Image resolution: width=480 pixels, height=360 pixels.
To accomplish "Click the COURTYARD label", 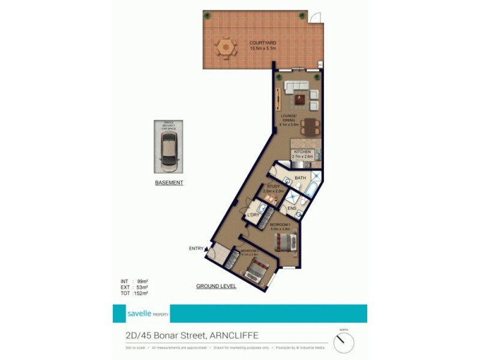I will [x=263, y=43].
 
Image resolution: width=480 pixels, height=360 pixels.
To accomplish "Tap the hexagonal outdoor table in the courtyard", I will [x=226, y=47].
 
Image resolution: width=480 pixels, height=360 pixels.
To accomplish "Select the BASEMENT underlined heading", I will [x=169, y=182].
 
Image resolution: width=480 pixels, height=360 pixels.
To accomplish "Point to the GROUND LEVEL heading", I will [x=216, y=287].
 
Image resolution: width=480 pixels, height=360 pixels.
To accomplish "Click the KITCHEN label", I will [x=302, y=152].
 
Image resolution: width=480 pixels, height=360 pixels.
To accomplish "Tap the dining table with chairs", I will [x=310, y=126].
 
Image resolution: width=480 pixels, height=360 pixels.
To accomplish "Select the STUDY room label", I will [x=274, y=186].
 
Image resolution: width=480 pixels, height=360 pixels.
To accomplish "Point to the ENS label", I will [x=292, y=208].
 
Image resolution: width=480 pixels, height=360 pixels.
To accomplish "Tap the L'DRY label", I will [x=253, y=215].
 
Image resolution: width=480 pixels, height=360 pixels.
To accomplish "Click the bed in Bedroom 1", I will [x=284, y=242].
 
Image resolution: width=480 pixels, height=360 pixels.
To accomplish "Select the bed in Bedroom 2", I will [x=257, y=272].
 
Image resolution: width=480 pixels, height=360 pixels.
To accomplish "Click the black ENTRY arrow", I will [x=207, y=248].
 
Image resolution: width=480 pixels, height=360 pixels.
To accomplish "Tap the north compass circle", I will [x=344, y=343].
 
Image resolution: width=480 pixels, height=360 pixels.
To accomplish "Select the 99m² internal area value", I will [x=142, y=281].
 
